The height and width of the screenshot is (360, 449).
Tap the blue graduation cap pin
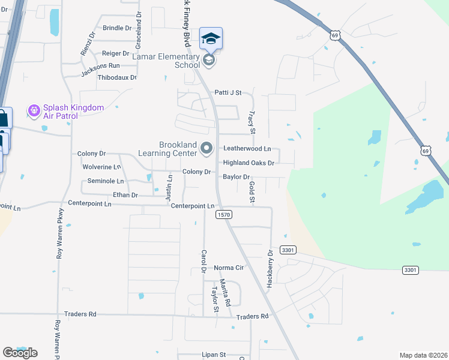[x=211, y=39]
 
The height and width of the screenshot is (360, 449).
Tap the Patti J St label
[x=228, y=93]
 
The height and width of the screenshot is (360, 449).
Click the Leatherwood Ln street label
[x=247, y=148]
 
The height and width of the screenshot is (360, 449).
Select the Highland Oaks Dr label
[x=249, y=163]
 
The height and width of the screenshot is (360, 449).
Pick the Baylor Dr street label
[x=236, y=177]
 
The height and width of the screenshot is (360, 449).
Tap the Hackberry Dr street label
[x=270, y=262]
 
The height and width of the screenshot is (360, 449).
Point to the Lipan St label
[x=213, y=355]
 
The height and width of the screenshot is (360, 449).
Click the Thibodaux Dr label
[x=117, y=77]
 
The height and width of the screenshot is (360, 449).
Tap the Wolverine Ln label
[x=101, y=167]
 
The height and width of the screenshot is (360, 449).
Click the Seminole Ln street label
[x=106, y=181]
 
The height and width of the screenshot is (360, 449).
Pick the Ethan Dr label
[x=125, y=195]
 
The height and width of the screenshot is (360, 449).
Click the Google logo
[x=20, y=353]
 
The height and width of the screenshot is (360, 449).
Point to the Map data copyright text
[x=423, y=355]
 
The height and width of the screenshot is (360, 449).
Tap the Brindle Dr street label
[x=117, y=28]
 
